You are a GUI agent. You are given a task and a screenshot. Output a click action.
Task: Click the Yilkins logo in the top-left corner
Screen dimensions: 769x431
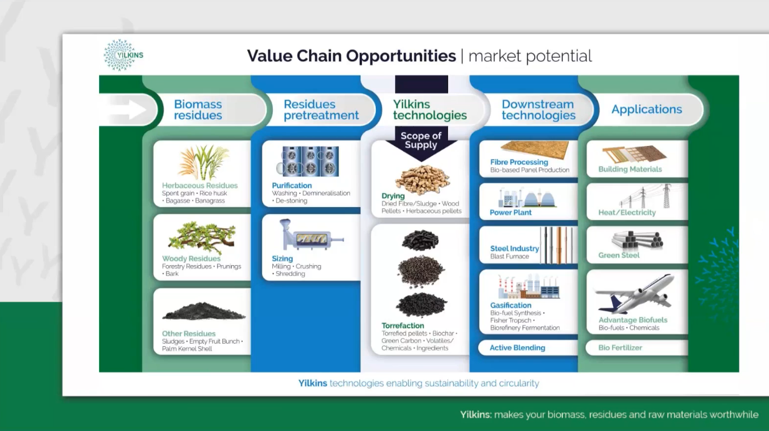[x=123, y=55]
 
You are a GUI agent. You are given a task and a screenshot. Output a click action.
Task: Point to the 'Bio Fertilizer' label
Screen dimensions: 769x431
[x=620, y=347]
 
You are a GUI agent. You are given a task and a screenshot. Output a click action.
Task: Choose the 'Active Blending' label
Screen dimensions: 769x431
[x=517, y=347]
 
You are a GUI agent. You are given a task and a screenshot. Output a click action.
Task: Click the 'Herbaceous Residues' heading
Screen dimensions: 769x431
[x=200, y=185]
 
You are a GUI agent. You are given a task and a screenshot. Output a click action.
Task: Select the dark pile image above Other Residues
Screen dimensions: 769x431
[x=204, y=311]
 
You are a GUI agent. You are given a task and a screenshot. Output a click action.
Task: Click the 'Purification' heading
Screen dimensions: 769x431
[x=292, y=185]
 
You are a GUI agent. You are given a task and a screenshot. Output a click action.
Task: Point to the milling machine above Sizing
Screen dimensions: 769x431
[x=312, y=235]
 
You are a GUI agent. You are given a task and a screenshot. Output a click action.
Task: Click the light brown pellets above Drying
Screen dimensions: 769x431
[x=422, y=180]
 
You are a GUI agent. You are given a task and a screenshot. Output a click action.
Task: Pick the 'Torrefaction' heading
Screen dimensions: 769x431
[x=403, y=326]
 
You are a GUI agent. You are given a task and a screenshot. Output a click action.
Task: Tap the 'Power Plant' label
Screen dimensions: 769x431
[x=510, y=213]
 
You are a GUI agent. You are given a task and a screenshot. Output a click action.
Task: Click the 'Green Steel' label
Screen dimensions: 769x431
[x=619, y=255]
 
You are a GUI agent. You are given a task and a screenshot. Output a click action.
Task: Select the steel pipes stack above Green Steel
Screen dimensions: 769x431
[x=638, y=240]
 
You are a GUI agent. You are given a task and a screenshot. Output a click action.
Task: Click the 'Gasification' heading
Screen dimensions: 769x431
[x=510, y=305]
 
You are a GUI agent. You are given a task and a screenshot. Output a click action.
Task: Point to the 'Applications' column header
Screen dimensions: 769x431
[x=647, y=109]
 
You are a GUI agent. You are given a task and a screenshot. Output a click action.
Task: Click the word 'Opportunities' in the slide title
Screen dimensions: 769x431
[x=401, y=56]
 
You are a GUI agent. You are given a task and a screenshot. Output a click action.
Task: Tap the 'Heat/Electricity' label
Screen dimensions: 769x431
[x=627, y=213]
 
